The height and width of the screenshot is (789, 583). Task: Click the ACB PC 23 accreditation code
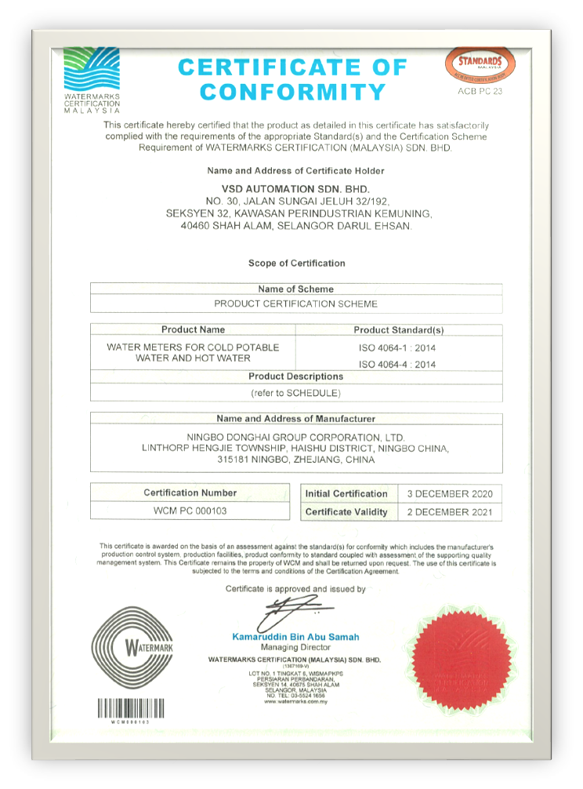click(x=480, y=92)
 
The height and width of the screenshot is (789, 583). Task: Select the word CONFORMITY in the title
click(x=293, y=93)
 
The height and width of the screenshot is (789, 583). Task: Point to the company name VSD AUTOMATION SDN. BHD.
click(x=295, y=189)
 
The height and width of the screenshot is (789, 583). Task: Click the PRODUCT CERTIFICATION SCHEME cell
click(x=295, y=304)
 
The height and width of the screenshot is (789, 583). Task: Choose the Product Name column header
click(x=193, y=330)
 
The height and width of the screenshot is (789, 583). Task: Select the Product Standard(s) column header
click(x=398, y=330)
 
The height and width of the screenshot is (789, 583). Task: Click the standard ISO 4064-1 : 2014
click(x=397, y=347)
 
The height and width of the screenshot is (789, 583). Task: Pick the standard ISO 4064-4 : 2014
click(x=397, y=365)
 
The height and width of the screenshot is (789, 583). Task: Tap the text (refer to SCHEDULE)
click(x=295, y=392)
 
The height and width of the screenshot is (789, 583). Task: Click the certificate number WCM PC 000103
click(x=190, y=511)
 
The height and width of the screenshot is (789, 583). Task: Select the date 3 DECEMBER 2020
click(x=450, y=493)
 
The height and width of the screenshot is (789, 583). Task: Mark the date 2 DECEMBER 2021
click(x=450, y=512)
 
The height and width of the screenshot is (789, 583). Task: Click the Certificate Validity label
click(x=346, y=512)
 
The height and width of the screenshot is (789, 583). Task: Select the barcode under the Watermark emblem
click(x=131, y=708)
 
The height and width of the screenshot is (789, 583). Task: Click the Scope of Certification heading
click(x=296, y=264)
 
